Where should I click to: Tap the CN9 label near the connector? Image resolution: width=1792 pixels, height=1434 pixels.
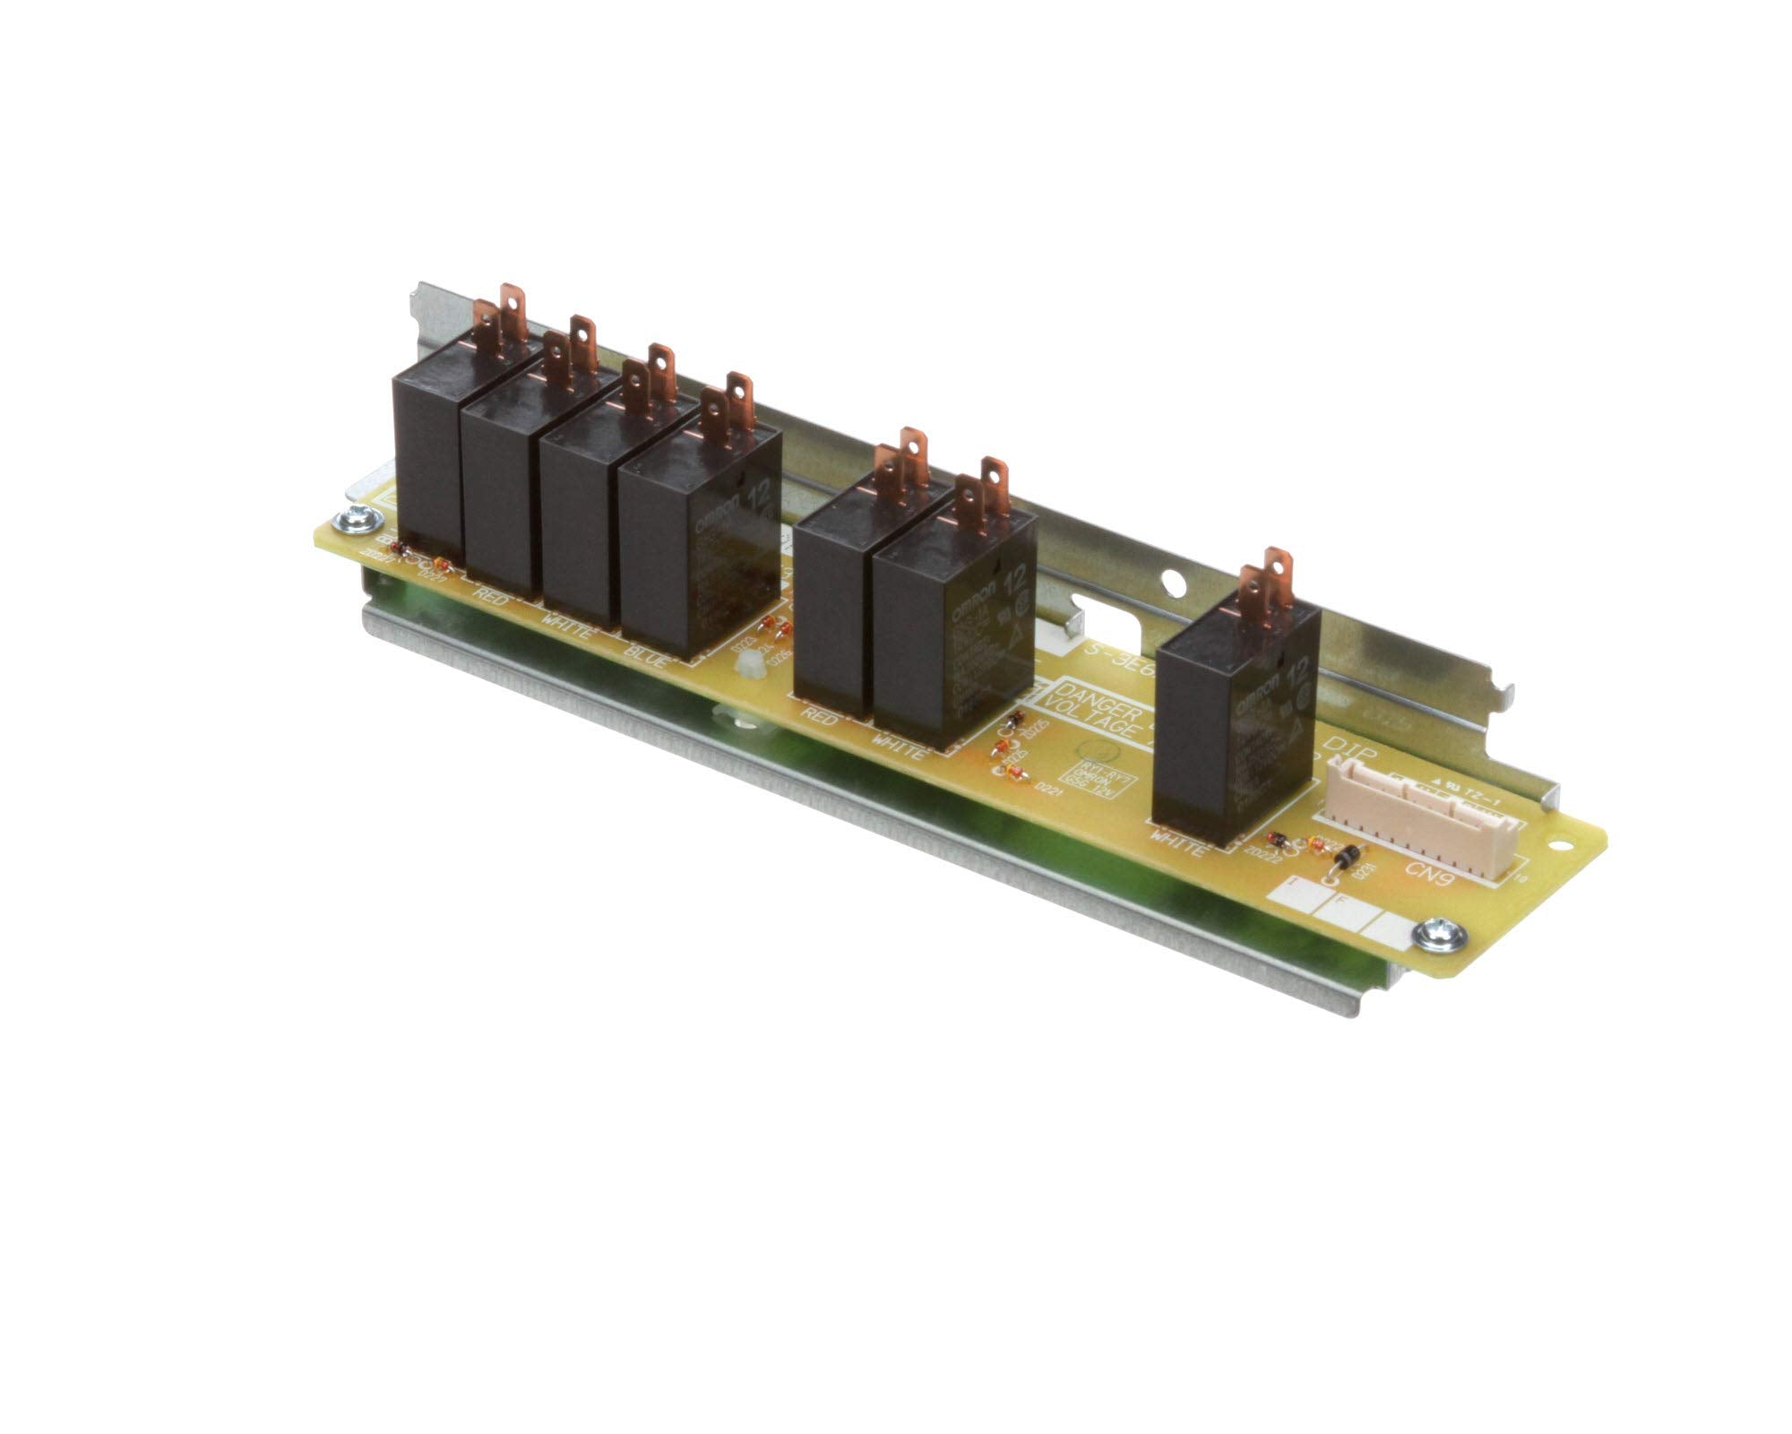click(1427, 870)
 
